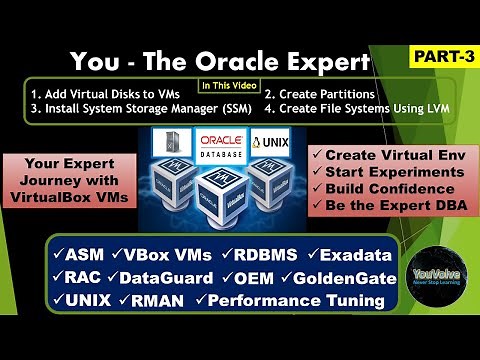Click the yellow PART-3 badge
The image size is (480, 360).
point(439,58)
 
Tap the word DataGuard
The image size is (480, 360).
point(166,276)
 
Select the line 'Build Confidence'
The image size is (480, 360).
point(386,191)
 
